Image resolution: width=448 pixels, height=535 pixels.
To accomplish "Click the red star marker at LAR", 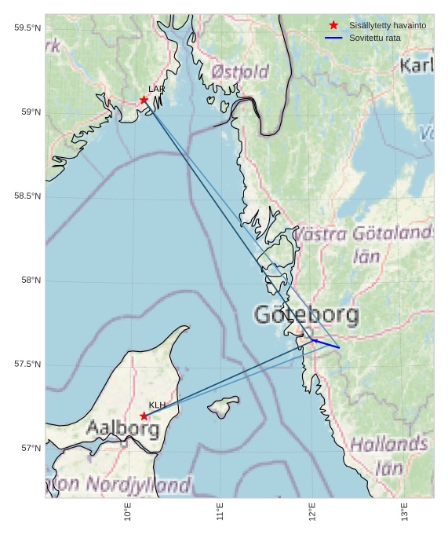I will click(144, 100).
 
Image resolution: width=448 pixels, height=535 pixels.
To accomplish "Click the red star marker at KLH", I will click(144, 416).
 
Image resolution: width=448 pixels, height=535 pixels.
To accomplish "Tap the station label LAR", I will click(156, 90).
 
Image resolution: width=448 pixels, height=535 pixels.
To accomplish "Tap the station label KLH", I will click(157, 405).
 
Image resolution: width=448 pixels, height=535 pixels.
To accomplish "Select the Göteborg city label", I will click(307, 316).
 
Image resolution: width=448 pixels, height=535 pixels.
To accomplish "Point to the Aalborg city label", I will click(122, 429).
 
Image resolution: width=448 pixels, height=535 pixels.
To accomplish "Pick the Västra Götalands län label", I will click(363, 244).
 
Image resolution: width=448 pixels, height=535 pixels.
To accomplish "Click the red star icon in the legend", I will click(333, 26).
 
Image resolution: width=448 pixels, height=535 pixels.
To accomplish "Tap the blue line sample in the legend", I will click(333, 38).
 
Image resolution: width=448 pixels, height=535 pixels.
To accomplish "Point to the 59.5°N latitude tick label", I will click(27, 28).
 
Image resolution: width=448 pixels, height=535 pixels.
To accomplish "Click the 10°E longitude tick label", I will click(128, 512).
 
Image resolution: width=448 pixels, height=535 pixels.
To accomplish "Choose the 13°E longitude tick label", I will click(405, 512).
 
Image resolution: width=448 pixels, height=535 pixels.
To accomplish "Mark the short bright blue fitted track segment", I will click(326, 343).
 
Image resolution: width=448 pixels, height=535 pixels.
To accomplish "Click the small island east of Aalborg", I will click(223, 407).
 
